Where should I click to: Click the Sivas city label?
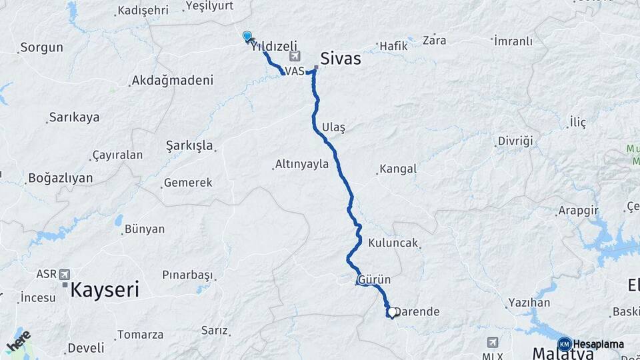click(x=341, y=59)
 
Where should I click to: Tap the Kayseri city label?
click(x=105, y=290)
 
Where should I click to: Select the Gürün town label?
click(x=374, y=279)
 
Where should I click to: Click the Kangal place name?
click(x=397, y=169)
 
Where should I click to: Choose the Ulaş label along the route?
click(x=333, y=127)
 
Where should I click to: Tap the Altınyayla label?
click(x=302, y=163)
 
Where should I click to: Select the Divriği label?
click(x=516, y=141)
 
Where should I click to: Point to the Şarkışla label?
click(x=189, y=145)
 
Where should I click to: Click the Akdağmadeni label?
click(x=173, y=80)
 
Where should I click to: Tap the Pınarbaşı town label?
click(x=187, y=275)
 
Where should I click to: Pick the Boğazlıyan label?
click(x=60, y=179)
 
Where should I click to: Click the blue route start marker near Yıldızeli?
click(x=247, y=37)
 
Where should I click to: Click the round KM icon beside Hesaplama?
click(x=564, y=344)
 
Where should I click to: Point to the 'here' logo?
click(x=18, y=341)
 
